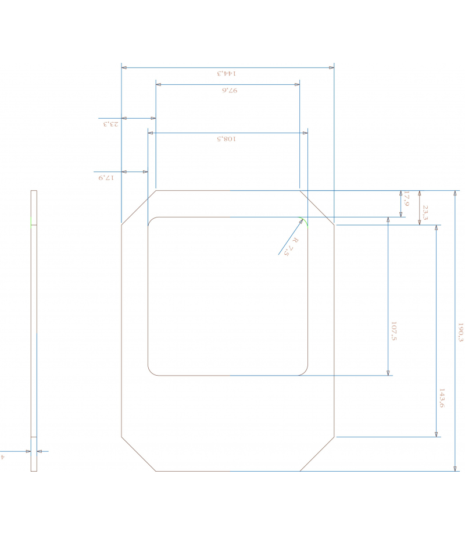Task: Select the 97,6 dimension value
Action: click(230, 90)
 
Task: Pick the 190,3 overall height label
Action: click(460, 332)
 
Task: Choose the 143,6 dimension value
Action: click(442, 398)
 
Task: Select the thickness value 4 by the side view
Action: click(3, 457)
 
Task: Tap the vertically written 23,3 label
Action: click(425, 212)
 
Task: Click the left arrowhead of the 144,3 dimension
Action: click(124, 67)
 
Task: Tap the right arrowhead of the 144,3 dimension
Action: click(331, 67)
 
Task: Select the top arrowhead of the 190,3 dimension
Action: click(455, 194)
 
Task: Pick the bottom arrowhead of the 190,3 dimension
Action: click(455, 468)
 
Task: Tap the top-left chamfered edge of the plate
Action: click(138, 207)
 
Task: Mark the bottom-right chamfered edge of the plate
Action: click(317, 454)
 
